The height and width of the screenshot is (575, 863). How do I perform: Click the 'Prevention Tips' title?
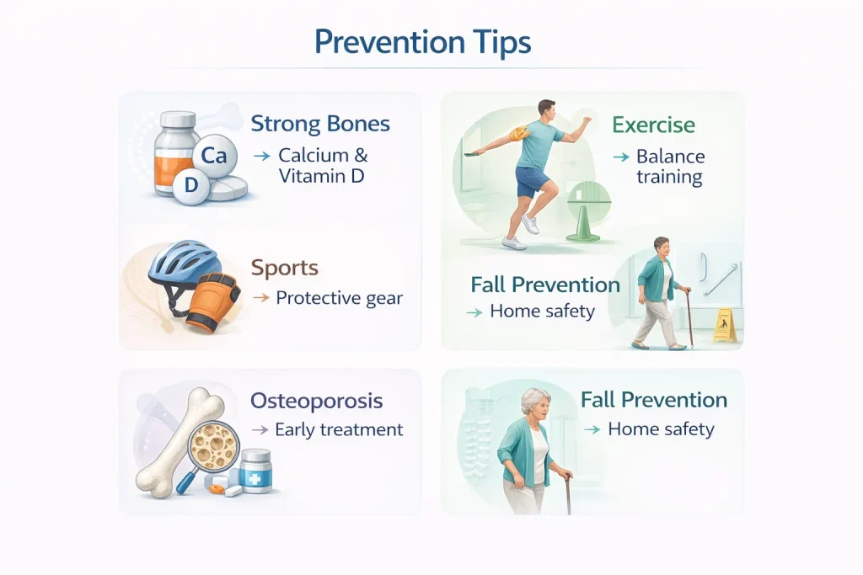coord(423,42)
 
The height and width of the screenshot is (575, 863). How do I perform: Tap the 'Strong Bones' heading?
coord(320,124)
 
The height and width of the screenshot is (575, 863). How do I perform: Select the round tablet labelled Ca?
coord(214,156)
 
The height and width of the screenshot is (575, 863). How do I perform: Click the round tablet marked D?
coord(190,185)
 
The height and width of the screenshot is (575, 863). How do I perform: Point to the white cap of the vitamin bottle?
coord(178,119)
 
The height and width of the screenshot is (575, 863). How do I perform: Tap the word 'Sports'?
coord(285,268)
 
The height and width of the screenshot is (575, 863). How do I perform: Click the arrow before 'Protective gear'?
coord(261,298)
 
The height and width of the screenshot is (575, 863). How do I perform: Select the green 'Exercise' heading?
coord(653,125)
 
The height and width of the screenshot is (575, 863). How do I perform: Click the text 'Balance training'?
coord(670,167)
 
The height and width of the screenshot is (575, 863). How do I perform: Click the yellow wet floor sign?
coord(726,326)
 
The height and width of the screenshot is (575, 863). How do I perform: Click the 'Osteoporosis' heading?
coord(317,401)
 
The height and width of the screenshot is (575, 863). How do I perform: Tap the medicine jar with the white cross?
coord(256,471)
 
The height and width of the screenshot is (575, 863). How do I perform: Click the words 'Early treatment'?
coord(339,429)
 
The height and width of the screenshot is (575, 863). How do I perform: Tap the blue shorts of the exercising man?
coord(532,181)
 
